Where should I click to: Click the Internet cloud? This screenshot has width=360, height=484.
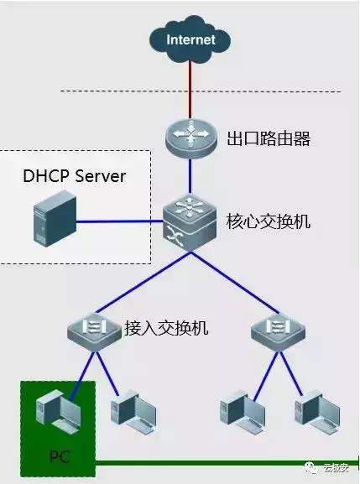pyautogui.click(x=190, y=39)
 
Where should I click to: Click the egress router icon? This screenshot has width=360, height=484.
pyautogui.click(x=190, y=139)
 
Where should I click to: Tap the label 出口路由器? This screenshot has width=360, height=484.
pyautogui.click(x=269, y=139)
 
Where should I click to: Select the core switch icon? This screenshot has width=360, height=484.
pyautogui.click(x=190, y=222)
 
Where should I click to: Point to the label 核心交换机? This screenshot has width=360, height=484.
pyautogui.click(x=269, y=223)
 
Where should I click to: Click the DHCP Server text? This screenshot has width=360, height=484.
pyautogui.click(x=74, y=176)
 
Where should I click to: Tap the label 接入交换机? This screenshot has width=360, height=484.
pyautogui.click(x=165, y=327)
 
